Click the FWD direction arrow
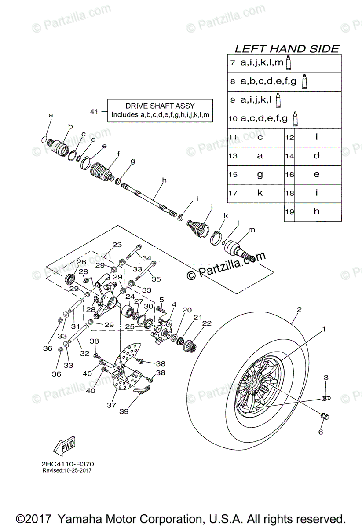click(x=64, y=447)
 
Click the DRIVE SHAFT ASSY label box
click(x=160, y=110)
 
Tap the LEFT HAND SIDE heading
click(x=287, y=48)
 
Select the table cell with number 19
click(x=289, y=212)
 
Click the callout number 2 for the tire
click(x=299, y=310)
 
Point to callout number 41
click(x=94, y=112)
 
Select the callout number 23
click(x=117, y=245)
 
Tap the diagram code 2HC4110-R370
click(x=68, y=464)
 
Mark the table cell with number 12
click(x=289, y=137)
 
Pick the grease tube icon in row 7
click(x=288, y=62)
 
